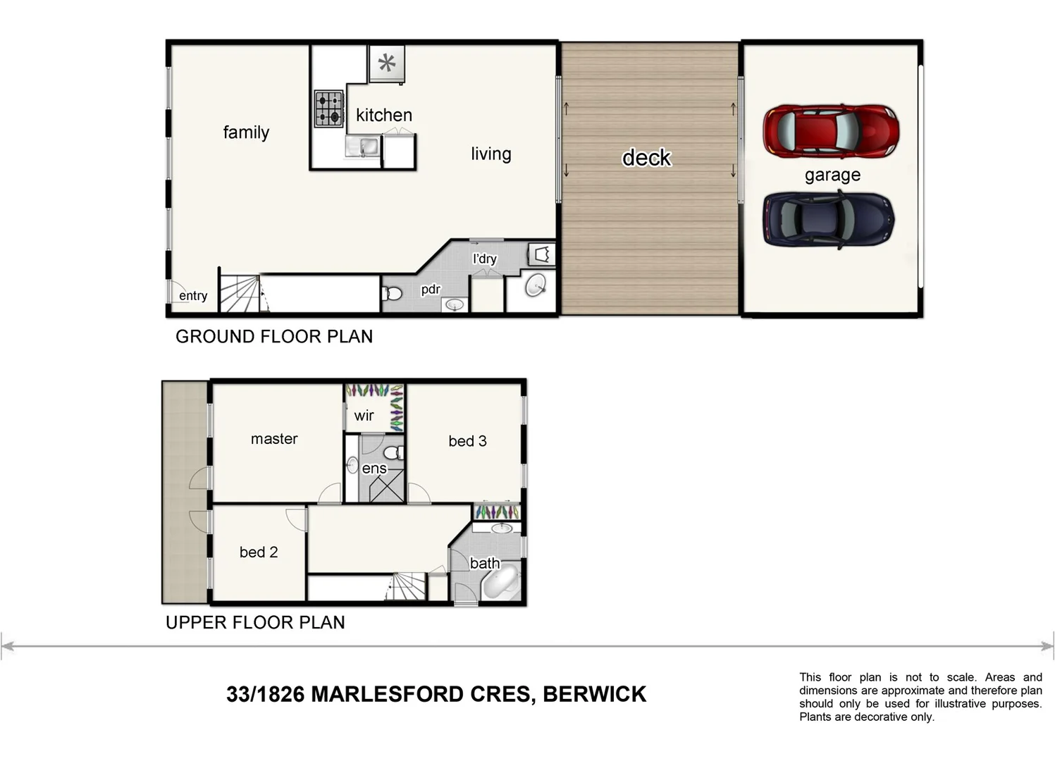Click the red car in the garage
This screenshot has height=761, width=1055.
pyautogui.click(x=830, y=132)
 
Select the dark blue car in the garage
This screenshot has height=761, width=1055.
pyautogui.click(x=828, y=219)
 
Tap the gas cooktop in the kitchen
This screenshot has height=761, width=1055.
pyautogui.click(x=328, y=109)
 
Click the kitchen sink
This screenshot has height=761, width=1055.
pyautogui.click(x=363, y=147)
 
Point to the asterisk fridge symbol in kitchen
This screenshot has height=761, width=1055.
pyautogui.click(x=387, y=64)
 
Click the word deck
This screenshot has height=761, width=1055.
pyautogui.click(x=646, y=157)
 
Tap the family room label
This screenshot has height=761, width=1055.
pyautogui.click(x=246, y=132)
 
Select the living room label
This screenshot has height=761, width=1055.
pyautogui.click(x=491, y=154)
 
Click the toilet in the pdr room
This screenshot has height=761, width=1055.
pyautogui.click(x=393, y=292)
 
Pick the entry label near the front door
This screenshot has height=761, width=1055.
pyautogui.click(x=192, y=296)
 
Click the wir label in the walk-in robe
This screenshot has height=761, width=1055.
pyautogui.click(x=364, y=416)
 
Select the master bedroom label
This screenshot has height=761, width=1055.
pyautogui.click(x=274, y=439)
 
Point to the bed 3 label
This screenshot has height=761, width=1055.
pyautogui.click(x=467, y=441)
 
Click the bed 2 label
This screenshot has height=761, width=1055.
pyautogui.click(x=258, y=552)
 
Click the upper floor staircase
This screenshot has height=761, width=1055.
pyautogui.click(x=408, y=586)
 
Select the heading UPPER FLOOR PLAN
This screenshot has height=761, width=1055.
pyautogui.click(x=255, y=623)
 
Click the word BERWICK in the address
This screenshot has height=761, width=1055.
pyautogui.click(x=594, y=695)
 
